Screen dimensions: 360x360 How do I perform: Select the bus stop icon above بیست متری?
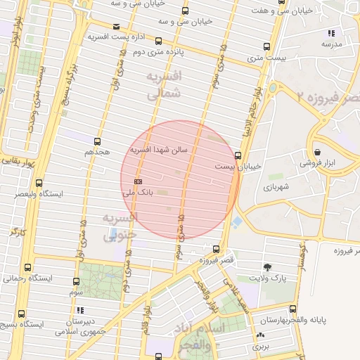(266, 48)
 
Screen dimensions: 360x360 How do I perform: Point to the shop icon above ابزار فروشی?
(318, 152)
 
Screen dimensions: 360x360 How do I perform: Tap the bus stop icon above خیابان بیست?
(238, 155)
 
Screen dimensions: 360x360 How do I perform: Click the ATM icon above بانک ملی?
(138, 181)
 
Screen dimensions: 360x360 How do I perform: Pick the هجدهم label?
(98, 152)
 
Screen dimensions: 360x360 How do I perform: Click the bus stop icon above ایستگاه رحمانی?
(27, 268)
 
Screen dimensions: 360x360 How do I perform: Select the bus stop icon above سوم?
(75, 281)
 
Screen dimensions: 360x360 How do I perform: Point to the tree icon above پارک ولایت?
(267, 267)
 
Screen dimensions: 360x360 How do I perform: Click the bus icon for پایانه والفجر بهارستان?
(292, 309)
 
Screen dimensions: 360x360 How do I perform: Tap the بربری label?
(262, 347)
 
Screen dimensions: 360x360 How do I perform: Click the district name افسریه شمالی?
(164, 84)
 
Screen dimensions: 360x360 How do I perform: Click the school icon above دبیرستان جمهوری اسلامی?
(81, 309)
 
